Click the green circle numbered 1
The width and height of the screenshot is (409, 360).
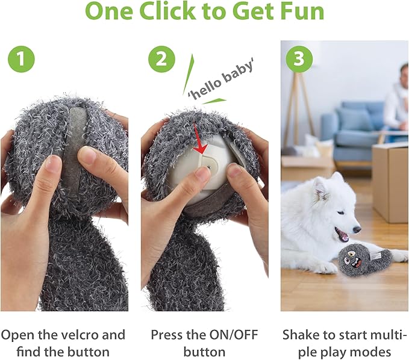tap(22, 59)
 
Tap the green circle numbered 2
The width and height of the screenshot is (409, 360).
tap(161, 59)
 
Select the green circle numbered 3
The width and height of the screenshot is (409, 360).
tap(299, 59)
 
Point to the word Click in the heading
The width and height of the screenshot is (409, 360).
tap(167, 11)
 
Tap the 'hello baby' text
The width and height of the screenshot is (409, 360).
tap(221, 80)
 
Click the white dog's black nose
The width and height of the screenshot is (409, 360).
tap(357, 229)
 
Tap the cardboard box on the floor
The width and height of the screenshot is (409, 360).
tap(390, 182)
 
